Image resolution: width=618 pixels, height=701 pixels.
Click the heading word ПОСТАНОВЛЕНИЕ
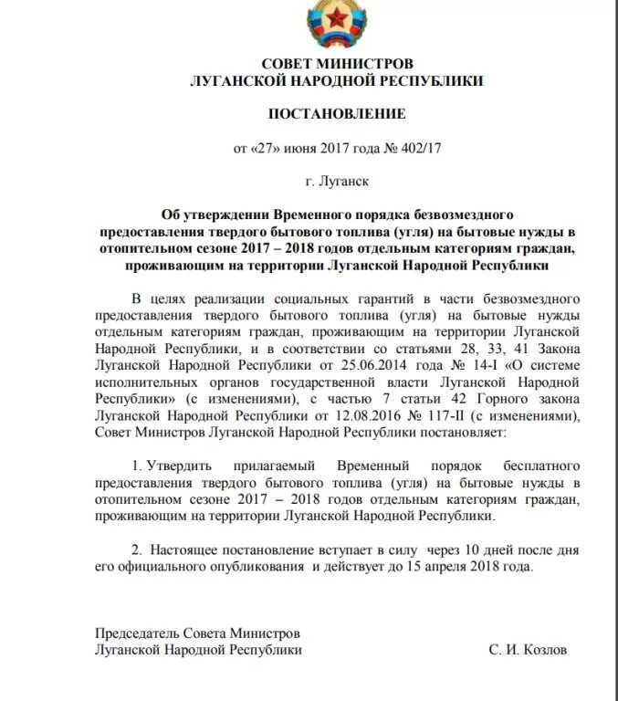(x=336, y=114)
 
